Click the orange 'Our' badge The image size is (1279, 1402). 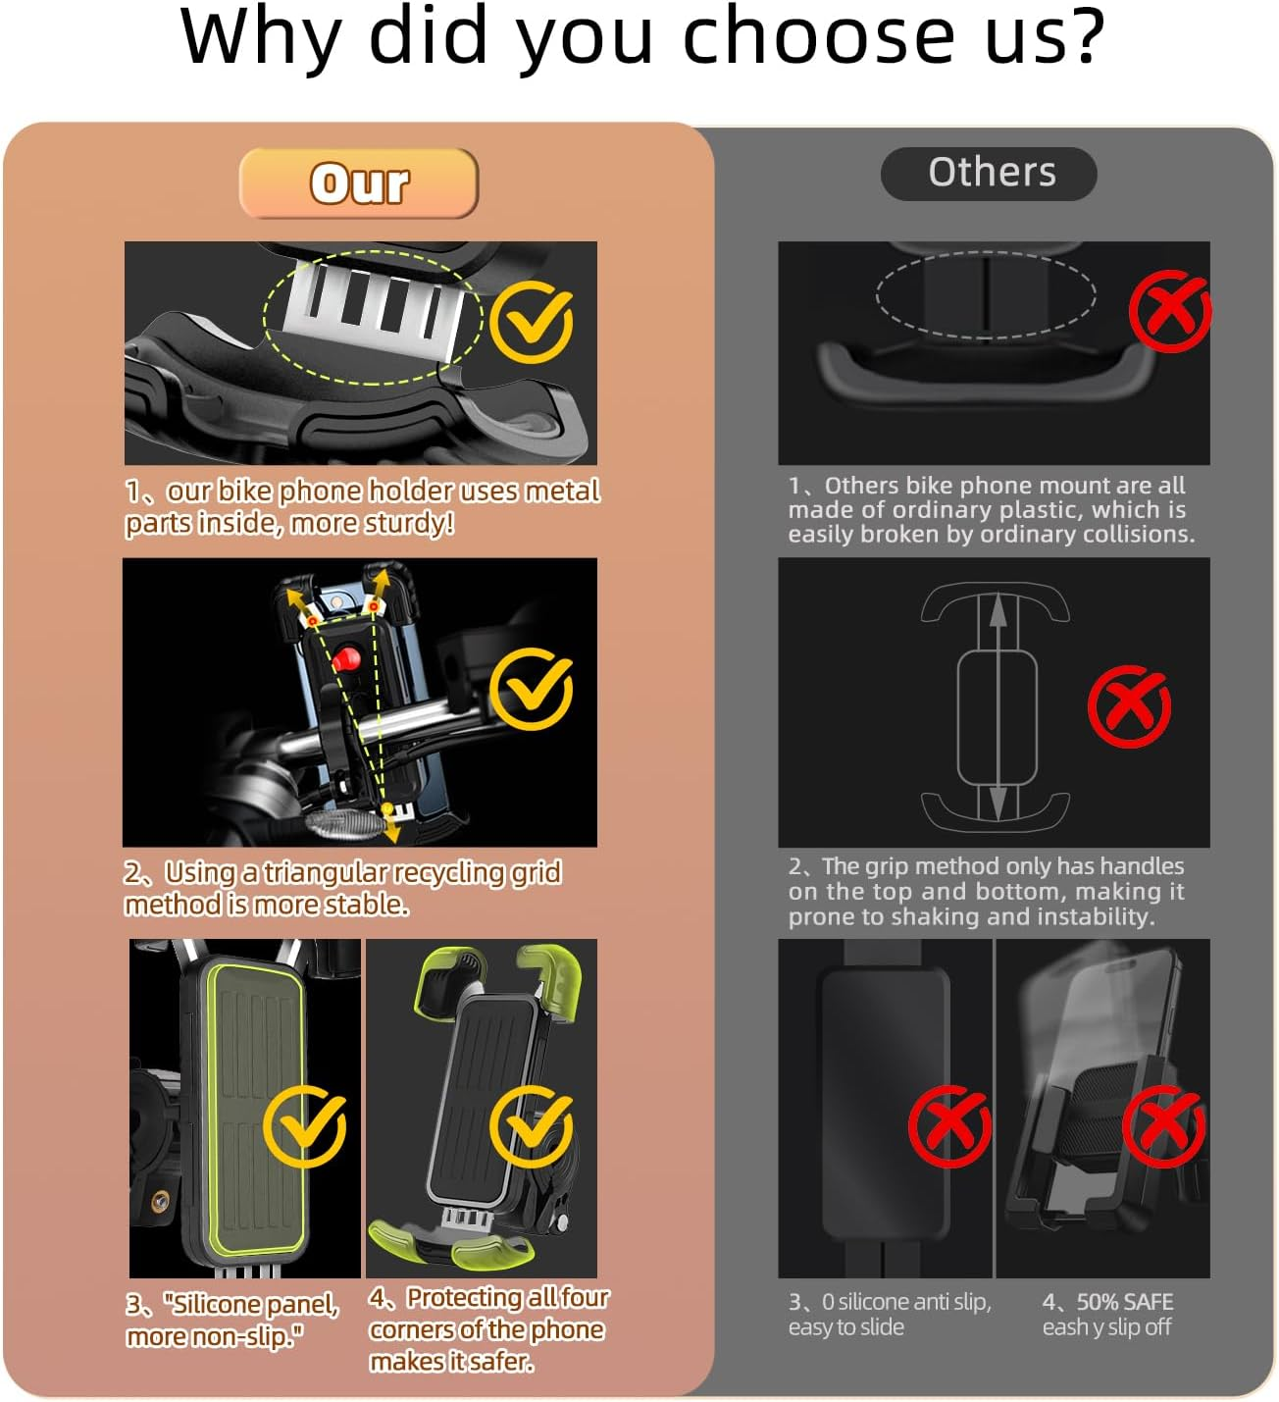359,183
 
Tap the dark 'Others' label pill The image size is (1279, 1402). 990,174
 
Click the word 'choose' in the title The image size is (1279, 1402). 818,37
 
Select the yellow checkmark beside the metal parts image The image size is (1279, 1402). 531,323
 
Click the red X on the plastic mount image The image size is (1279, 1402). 1169,312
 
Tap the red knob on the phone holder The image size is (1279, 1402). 344,659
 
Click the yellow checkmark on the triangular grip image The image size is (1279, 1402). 531,689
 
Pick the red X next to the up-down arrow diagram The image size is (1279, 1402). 1129,705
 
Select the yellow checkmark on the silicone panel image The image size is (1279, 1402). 304,1125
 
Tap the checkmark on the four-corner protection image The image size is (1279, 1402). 531,1125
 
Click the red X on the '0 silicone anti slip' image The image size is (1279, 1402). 948,1125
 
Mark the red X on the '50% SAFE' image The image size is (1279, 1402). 1163,1125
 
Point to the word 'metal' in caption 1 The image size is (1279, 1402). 561,491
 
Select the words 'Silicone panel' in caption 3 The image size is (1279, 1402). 251,1304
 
